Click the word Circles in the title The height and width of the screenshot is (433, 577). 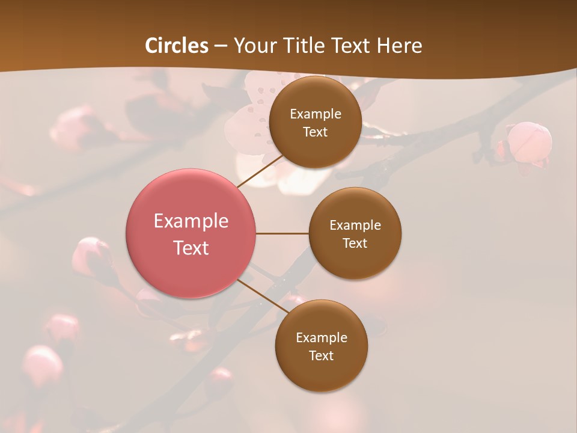click(x=176, y=46)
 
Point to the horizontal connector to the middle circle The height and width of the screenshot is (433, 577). click(x=282, y=233)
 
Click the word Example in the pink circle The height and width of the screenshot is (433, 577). click(x=191, y=221)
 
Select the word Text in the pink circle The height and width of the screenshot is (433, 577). click(x=191, y=248)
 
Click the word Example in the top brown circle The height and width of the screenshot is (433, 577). click(x=316, y=114)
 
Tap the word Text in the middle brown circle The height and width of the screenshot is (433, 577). click(x=355, y=244)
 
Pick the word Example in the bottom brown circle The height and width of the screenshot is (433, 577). click(x=322, y=338)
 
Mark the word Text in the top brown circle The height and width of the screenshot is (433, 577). click(x=315, y=132)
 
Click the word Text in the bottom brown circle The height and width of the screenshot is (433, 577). click(x=321, y=356)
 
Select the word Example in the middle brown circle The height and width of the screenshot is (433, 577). click(x=355, y=226)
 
